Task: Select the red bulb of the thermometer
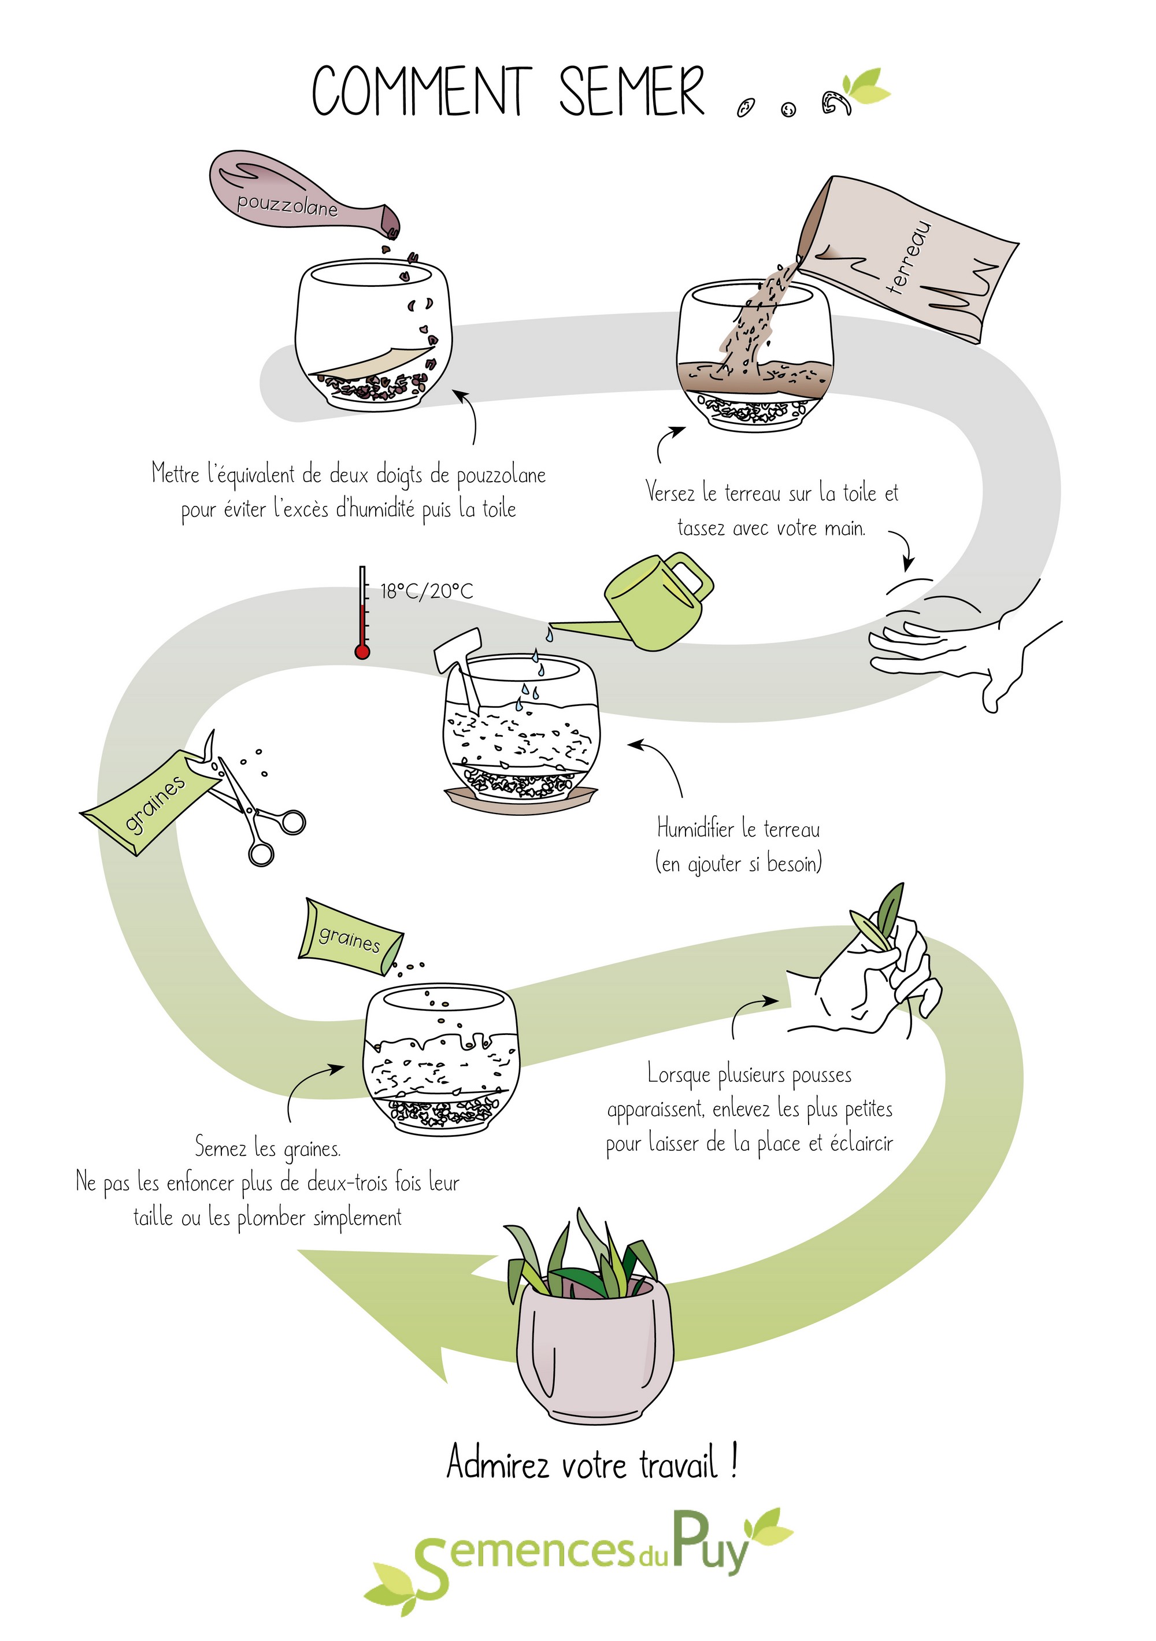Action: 362,651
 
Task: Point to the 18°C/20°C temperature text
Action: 426,591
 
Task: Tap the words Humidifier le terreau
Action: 738,829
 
